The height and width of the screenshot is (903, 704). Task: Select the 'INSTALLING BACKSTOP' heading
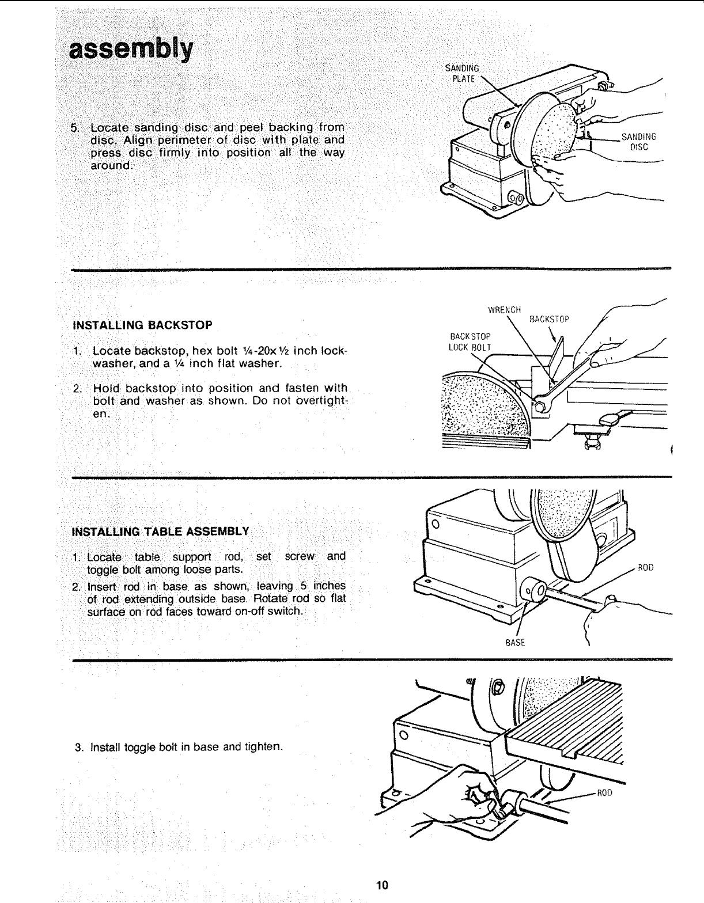click(x=142, y=325)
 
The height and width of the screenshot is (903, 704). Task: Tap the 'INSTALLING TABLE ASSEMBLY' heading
click(x=160, y=530)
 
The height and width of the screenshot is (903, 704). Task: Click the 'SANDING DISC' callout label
click(x=638, y=142)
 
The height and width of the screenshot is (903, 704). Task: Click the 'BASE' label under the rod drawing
click(x=515, y=642)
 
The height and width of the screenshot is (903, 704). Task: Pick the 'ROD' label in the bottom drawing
click(x=604, y=792)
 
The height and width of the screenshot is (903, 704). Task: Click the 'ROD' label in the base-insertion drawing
click(x=645, y=568)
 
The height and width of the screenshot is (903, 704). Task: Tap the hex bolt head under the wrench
click(x=540, y=407)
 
